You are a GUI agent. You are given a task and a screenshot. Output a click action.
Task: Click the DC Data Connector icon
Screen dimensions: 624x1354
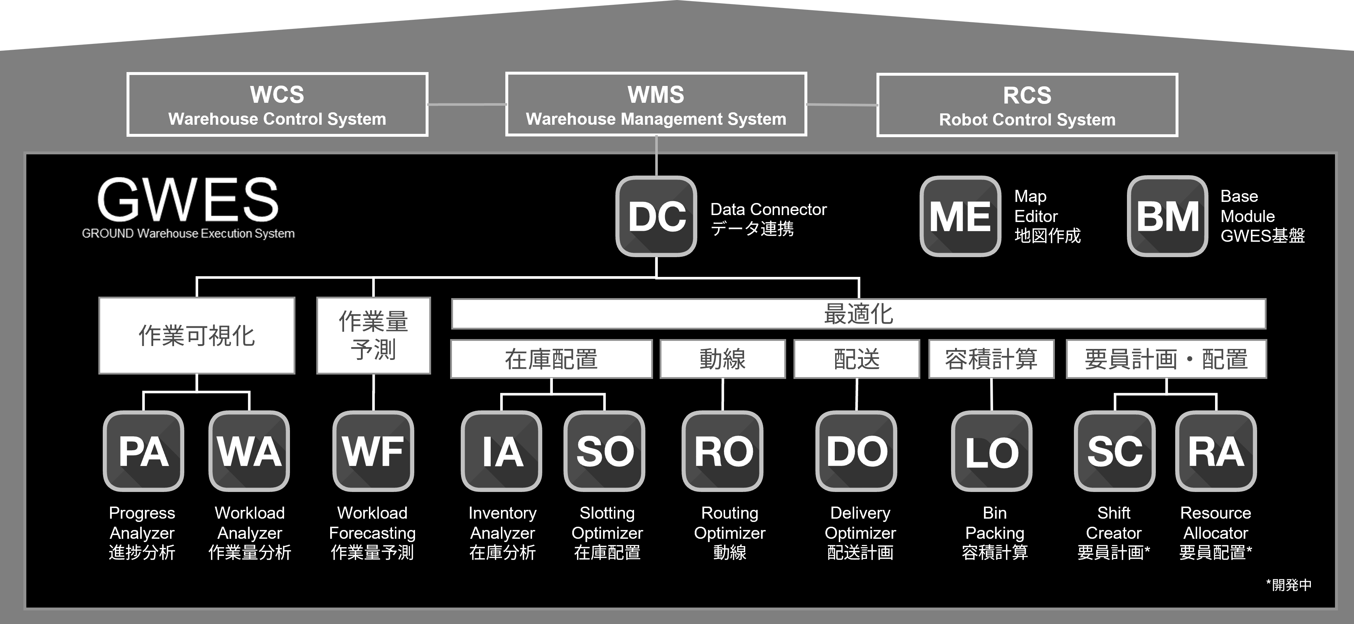tap(656, 216)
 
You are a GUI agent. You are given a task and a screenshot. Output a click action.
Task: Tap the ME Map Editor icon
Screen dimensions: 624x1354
tap(960, 216)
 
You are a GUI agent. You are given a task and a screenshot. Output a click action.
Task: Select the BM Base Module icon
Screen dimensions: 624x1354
tap(1168, 216)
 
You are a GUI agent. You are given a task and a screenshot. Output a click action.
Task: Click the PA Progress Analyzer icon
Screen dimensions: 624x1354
tap(143, 451)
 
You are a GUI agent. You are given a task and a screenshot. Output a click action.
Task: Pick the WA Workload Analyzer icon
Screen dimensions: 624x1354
tap(249, 451)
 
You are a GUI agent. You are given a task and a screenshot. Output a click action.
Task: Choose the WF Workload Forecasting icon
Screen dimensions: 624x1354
tap(373, 451)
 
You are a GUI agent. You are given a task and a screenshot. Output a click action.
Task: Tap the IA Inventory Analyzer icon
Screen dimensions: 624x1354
tap(501, 451)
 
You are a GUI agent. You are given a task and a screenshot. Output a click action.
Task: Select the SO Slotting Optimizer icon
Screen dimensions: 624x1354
tap(604, 451)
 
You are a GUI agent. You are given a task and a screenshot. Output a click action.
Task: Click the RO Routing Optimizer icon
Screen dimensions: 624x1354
tap(723, 451)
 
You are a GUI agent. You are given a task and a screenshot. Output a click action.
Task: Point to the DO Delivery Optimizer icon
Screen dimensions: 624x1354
tap(856, 451)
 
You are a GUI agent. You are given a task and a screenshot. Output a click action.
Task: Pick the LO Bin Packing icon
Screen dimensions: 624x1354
tap(992, 451)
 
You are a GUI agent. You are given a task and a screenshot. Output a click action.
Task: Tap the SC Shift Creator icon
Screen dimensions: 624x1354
tap(1114, 451)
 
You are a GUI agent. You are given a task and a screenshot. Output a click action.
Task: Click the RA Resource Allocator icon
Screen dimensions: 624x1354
tap(1216, 451)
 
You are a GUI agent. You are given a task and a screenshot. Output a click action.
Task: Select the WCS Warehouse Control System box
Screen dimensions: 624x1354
tap(278, 105)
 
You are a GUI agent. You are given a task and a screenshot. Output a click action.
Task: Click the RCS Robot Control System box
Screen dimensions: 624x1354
tap(1027, 105)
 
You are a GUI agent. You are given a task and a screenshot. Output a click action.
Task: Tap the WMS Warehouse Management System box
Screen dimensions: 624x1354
tap(656, 104)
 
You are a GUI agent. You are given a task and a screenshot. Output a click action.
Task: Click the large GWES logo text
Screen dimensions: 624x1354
tap(188, 200)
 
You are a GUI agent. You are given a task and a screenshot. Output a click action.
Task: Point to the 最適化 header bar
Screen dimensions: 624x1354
tap(858, 314)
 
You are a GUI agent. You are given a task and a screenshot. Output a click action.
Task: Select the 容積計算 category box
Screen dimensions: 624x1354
tap(991, 359)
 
